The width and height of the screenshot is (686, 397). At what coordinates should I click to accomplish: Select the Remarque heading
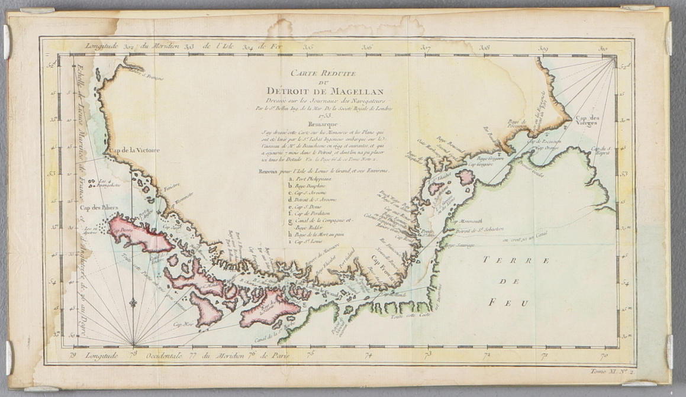pos(324,125)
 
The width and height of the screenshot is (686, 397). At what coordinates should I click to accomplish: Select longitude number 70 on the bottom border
pos(604,356)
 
